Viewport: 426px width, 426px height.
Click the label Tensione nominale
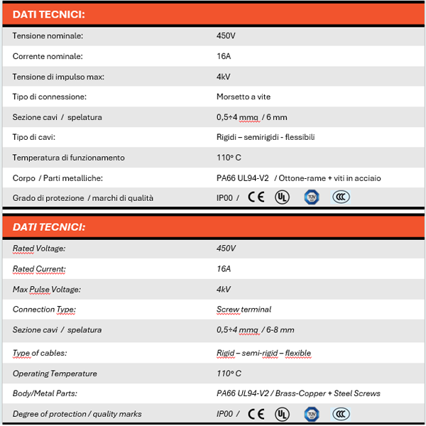48,35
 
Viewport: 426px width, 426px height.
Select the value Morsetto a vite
243,97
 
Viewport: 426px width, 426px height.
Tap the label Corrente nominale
48,56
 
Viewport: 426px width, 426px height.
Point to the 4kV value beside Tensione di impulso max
223,76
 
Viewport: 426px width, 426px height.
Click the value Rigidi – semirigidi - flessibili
265,137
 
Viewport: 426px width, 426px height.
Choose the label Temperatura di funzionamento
68,158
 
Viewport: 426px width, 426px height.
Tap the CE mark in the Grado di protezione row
256,197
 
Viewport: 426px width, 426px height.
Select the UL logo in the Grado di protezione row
283,197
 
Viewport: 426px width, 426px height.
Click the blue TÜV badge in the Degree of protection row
311,413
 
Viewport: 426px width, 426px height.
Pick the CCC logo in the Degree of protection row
341,413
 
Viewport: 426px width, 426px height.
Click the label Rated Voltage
39,248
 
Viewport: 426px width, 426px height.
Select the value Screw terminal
244,310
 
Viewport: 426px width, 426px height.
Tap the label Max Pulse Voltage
47,289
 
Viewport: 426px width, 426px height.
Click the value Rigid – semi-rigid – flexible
263,353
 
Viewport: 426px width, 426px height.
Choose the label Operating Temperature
55,373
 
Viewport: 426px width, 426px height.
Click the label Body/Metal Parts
45,393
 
